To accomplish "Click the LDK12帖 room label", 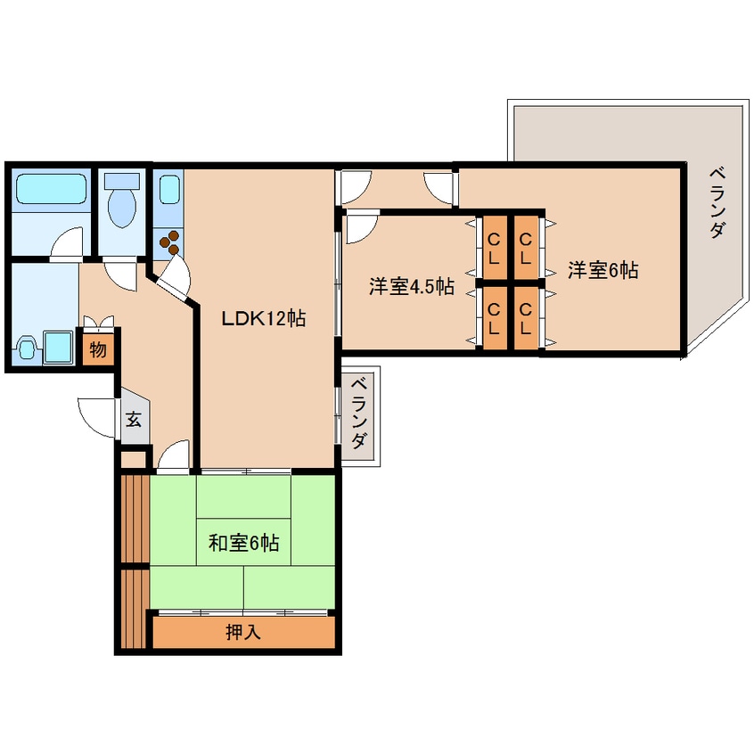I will (265, 318).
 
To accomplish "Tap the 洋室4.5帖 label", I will (412, 287).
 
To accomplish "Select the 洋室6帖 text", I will (603, 270).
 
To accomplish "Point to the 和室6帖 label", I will (243, 542).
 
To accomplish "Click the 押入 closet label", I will (242, 633).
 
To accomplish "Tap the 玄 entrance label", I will (133, 419).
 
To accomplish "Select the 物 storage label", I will (97, 348).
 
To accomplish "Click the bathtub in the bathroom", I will (49, 188).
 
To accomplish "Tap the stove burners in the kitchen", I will (168, 239).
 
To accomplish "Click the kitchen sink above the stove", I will (168, 190).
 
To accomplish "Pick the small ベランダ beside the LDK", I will (358, 414).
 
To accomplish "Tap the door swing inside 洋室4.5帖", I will (360, 229).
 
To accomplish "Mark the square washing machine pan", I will (60, 348).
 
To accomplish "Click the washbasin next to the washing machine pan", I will (27, 347).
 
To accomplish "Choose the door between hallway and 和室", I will (175, 455).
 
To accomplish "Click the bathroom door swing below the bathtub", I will (67, 243).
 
